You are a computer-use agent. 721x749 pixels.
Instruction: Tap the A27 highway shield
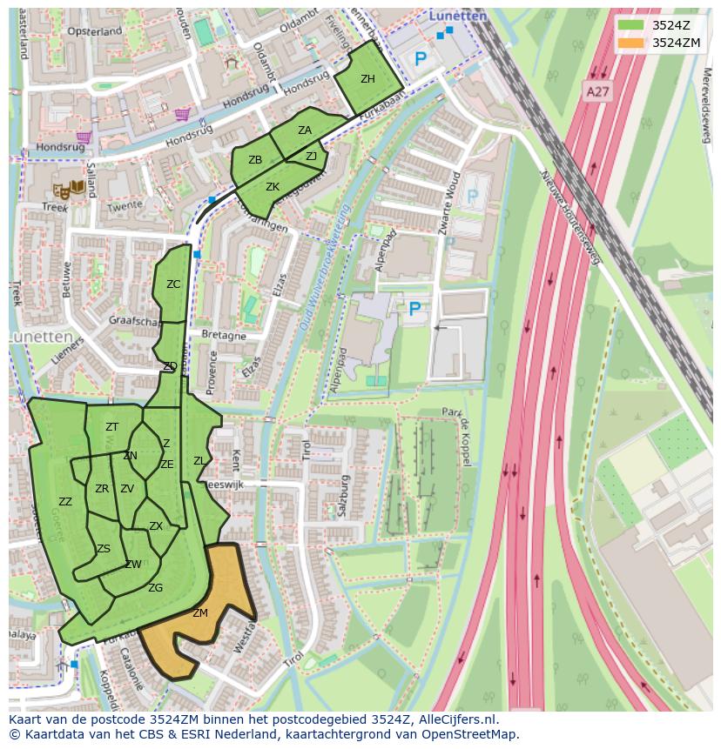pyautogui.click(x=596, y=91)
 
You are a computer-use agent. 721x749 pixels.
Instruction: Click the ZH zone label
pyautogui.click(x=367, y=79)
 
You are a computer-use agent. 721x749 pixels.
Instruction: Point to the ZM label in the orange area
pyautogui.click(x=200, y=613)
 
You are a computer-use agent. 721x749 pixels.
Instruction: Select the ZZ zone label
pyautogui.click(x=65, y=502)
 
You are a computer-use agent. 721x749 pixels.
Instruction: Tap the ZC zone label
pyautogui.click(x=173, y=284)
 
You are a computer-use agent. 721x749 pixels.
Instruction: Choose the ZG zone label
pyautogui.click(x=155, y=588)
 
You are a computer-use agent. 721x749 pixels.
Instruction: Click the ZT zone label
pyautogui.click(x=111, y=427)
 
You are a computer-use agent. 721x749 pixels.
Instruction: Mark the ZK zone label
pyautogui.click(x=273, y=187)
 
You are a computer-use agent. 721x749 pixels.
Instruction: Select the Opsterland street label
pyautogui.click(x=94, y=31)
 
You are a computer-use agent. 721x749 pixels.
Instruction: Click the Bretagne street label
pyautogui.click(x=224, y=335)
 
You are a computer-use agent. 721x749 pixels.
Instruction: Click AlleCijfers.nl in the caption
pyautogui.click(x=447, y=719)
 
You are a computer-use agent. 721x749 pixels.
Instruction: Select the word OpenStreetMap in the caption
pyautogui.click(x=472, y=734)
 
